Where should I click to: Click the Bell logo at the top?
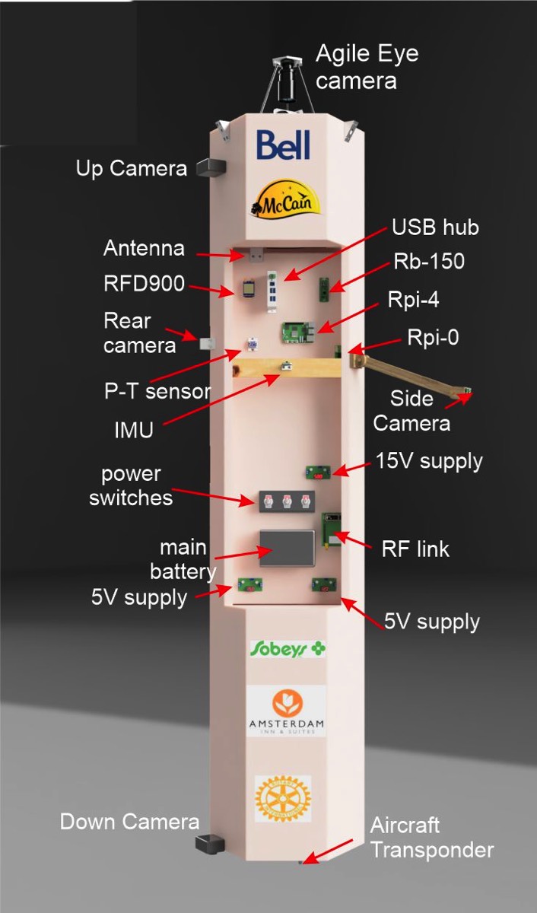click(284, 145)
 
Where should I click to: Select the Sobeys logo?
click(288, 648)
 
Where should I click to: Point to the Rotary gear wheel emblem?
click(282, 798)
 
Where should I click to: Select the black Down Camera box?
click(209, 843)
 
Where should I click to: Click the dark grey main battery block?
click(286, 547)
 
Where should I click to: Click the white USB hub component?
click(268, 289)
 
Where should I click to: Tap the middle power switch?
click(287, 501)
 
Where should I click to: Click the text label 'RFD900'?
click(144, 284)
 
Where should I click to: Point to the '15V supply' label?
click(429, 461)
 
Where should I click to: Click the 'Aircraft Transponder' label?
click(431, 837)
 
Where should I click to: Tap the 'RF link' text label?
click(415, 549)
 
